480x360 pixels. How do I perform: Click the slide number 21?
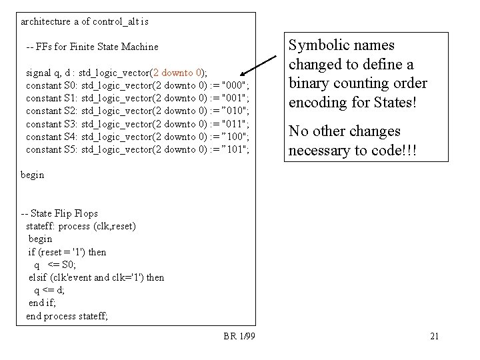point(434,336)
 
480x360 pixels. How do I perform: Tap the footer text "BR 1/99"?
point(239,336)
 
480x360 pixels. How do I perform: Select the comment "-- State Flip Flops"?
point(59,213)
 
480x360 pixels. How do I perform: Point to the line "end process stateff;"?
point(67,316)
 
